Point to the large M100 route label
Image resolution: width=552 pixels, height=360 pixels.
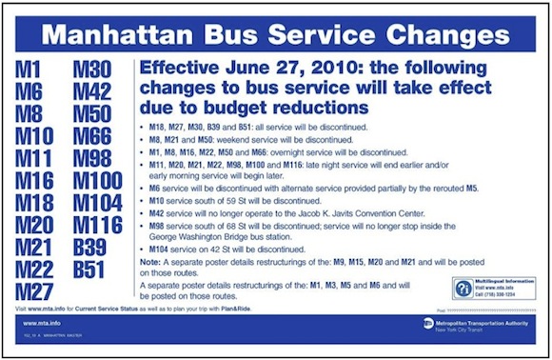pos(100,181)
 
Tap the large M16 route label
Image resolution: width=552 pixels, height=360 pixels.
pos(35,181)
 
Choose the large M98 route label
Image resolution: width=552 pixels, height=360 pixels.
pos(93,159)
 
